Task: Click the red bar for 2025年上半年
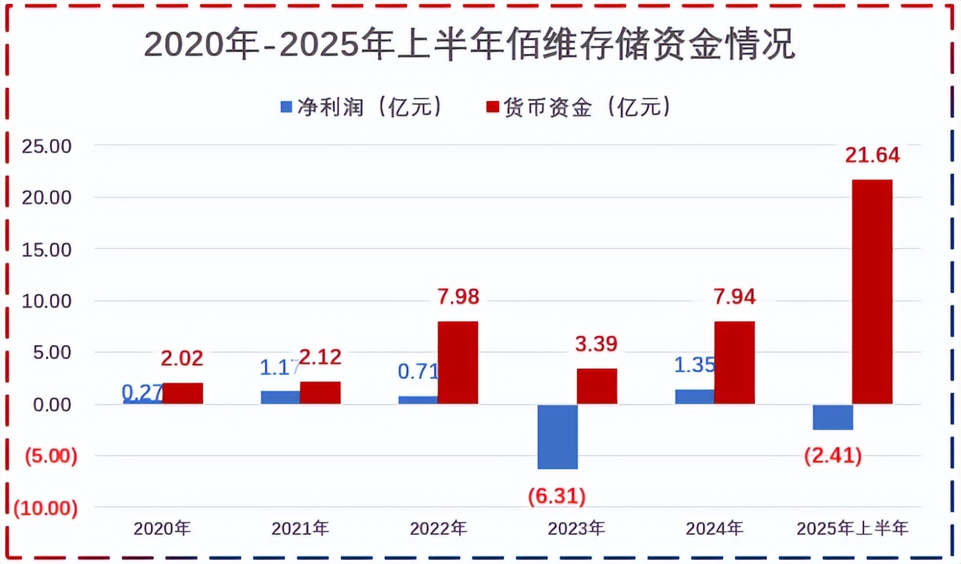click(872, 291)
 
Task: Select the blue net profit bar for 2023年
click(557, 437)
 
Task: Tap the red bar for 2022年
click(458, 362)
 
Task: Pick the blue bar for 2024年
click(695, 396)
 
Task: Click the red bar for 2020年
click(183, 393)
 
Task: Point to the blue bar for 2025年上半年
click(833, 416)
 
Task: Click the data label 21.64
click(872, 156)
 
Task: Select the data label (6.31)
click(557, 495)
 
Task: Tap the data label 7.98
click(458, 297)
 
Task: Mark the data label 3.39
click(596, 344)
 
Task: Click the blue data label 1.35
click(695, 365)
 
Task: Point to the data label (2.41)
click(833, 456)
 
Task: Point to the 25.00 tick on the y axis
click(46, 146)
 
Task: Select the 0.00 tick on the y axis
click(52, 405)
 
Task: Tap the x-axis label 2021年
click(300, 529)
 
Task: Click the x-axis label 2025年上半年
click(852, 529)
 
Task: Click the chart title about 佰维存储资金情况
click(469, 45)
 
